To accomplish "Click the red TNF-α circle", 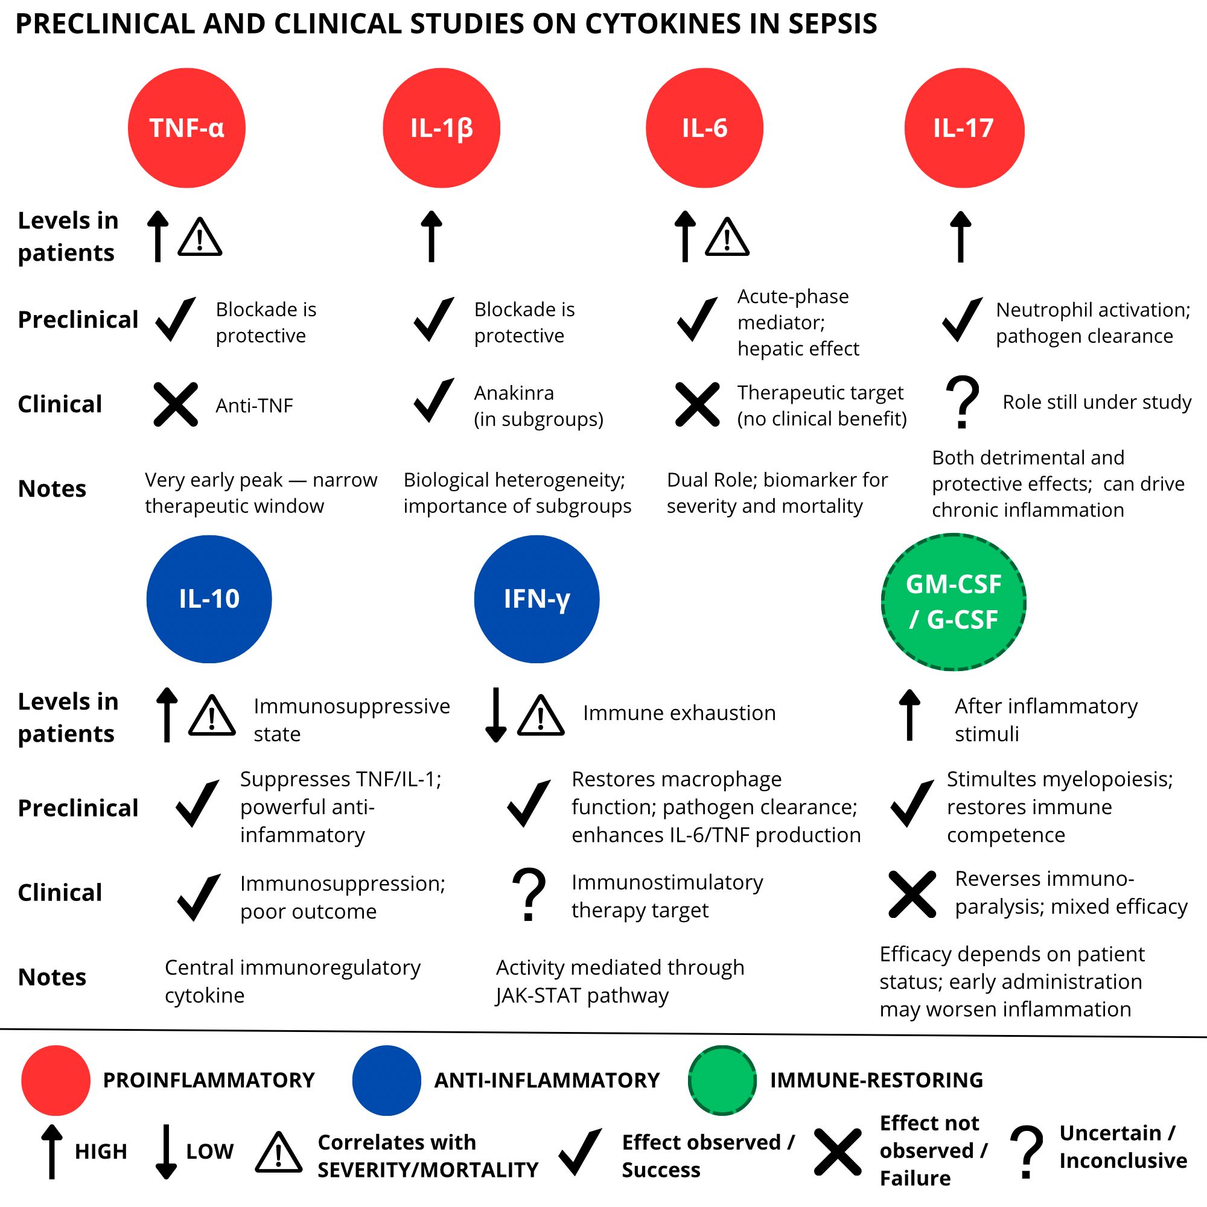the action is point(186,128).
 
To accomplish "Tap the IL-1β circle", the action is point(441,128).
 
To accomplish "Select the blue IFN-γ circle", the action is point(536,599).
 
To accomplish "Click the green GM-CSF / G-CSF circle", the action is point(954,602).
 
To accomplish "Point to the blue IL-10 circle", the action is point(209,599).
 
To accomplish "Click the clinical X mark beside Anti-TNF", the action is point(176,404).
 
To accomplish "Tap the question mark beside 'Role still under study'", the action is point(963,402).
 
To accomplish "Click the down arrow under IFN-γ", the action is point(495,714).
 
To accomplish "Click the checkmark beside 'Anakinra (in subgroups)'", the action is point(433,401).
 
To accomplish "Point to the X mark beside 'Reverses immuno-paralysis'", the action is point(911,894).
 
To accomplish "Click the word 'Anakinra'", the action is point(514,393).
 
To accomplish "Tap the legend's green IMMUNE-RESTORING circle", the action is point(722,1080).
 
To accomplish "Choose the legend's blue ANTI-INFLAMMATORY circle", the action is point(386,1080).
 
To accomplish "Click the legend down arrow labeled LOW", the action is point(165,1151).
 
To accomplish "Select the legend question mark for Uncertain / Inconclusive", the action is point(1027,1151).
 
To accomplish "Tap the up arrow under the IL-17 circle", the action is point(960,237).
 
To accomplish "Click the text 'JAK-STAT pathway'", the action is point(582,995).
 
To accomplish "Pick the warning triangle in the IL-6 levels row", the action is point(727,238).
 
